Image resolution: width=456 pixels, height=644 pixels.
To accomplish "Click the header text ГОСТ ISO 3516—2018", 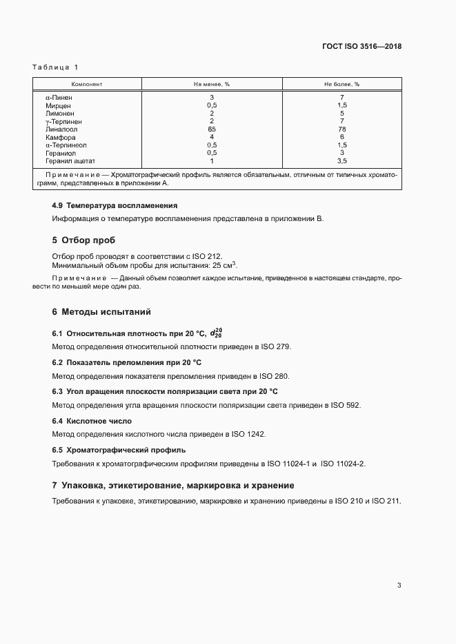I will coord(361,47).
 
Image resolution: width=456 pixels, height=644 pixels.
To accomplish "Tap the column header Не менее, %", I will coord(212,84).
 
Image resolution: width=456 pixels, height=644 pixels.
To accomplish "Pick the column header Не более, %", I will coord(342,84).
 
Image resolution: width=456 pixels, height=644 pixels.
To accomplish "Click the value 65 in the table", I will coord(212,129).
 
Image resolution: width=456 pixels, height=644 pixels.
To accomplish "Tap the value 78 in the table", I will coord(342,129).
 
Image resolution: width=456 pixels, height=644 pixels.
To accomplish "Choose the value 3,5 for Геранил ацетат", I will coord(342,161).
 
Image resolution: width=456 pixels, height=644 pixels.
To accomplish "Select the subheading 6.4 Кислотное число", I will coord(92,421).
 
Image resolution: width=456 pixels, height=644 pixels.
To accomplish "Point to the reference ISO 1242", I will coord(248,435).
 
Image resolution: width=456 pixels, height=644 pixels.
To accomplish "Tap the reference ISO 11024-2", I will coord(343,464).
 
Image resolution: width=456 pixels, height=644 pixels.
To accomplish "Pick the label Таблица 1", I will coord(55,67).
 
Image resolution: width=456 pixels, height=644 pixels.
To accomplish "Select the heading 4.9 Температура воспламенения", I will coord(115,205).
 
